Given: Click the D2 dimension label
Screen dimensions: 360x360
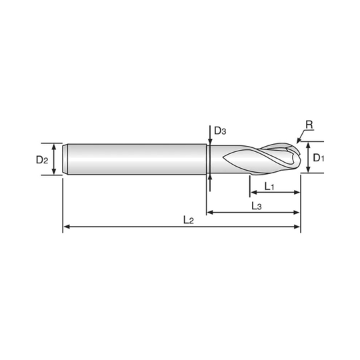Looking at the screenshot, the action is click(42, 159).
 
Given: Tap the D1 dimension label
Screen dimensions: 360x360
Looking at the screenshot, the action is click(319, 158).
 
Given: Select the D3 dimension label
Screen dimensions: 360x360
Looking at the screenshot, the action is click(220, 131).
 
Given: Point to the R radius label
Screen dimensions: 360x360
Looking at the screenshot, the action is click(309, 125).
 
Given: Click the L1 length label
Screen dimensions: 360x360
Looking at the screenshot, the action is click(269, 186).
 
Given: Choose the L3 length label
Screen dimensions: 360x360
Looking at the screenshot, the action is click(257, 206).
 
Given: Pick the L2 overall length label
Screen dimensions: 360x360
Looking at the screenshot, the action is click(189, 220).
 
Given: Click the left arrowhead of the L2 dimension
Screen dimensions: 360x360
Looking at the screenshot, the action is click(67, 227).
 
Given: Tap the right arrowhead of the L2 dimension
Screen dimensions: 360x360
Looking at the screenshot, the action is click(297, 227).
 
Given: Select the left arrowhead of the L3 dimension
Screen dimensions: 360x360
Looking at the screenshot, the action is click(210, 213).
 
